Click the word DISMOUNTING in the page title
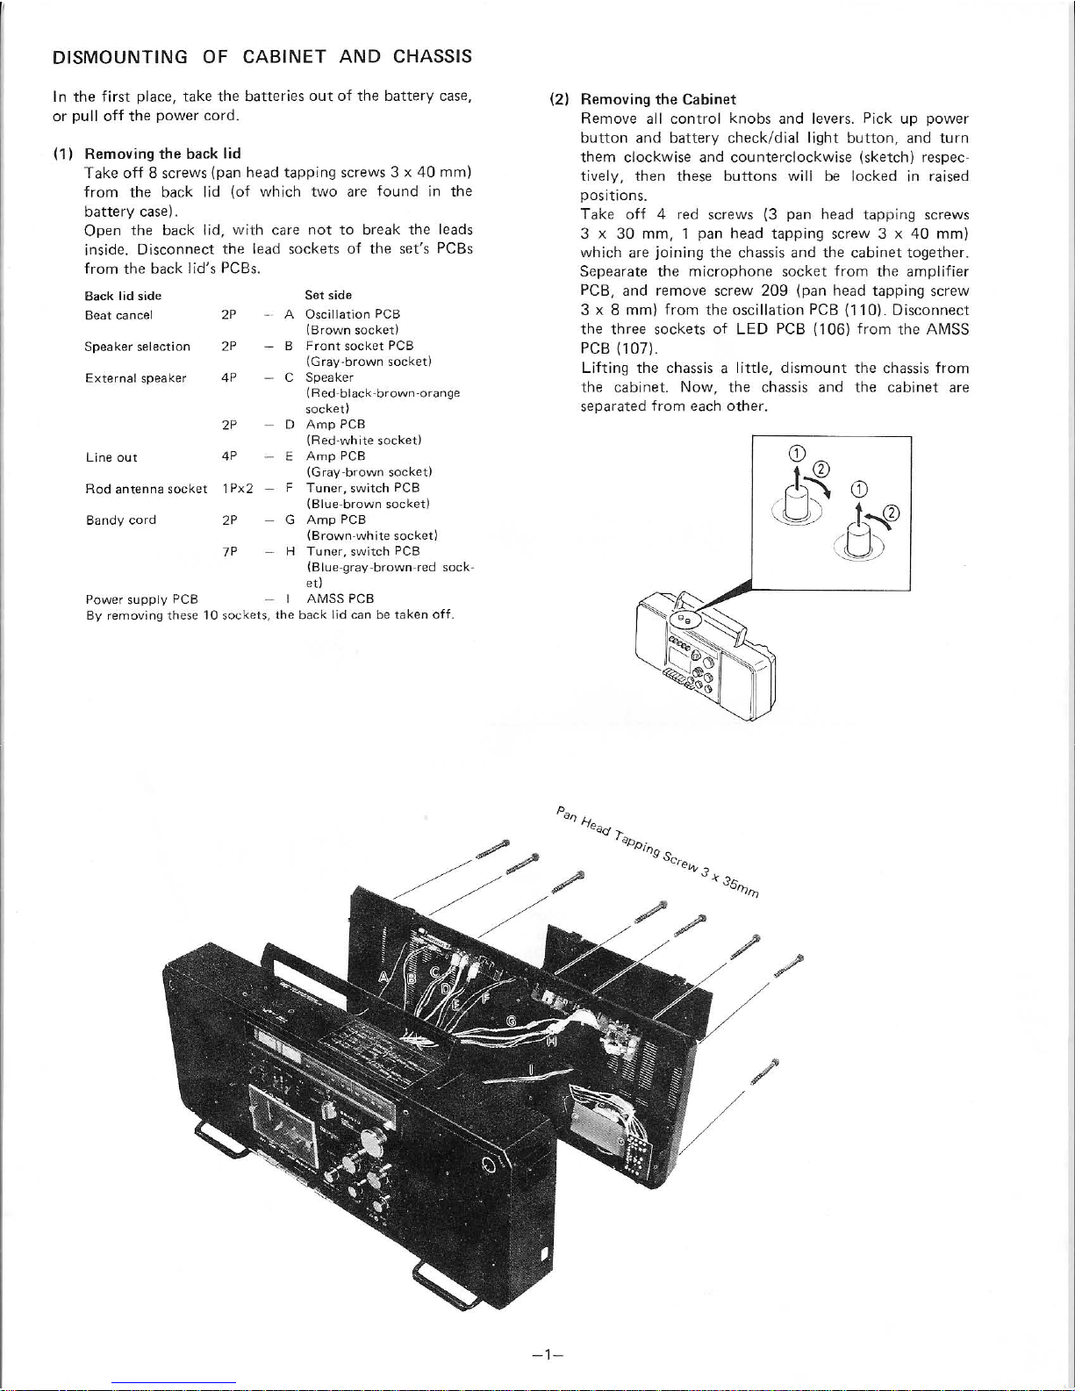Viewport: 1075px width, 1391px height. (119, 57)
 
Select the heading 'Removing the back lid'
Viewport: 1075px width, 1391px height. (162, 154)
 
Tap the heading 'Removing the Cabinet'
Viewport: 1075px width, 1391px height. (658, 99)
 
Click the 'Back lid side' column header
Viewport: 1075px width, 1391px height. (123, 296)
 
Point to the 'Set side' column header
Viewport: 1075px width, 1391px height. (328, 295)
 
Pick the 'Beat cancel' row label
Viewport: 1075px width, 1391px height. (118, 315)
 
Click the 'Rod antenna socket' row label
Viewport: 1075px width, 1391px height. (147, 489)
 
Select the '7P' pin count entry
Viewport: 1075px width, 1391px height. (230, 551)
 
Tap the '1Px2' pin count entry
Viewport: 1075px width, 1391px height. (238, 489)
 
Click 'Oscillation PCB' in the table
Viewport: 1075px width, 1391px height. (353, 314)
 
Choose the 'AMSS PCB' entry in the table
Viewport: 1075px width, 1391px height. (340, 599)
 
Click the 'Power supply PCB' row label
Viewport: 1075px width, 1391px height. (142, 599)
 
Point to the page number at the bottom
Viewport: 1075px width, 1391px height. (547, 1354)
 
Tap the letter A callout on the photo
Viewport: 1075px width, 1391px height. (384, 977)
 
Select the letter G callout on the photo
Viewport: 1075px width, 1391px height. (512, 1021)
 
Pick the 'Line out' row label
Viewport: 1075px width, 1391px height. (111, 457)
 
